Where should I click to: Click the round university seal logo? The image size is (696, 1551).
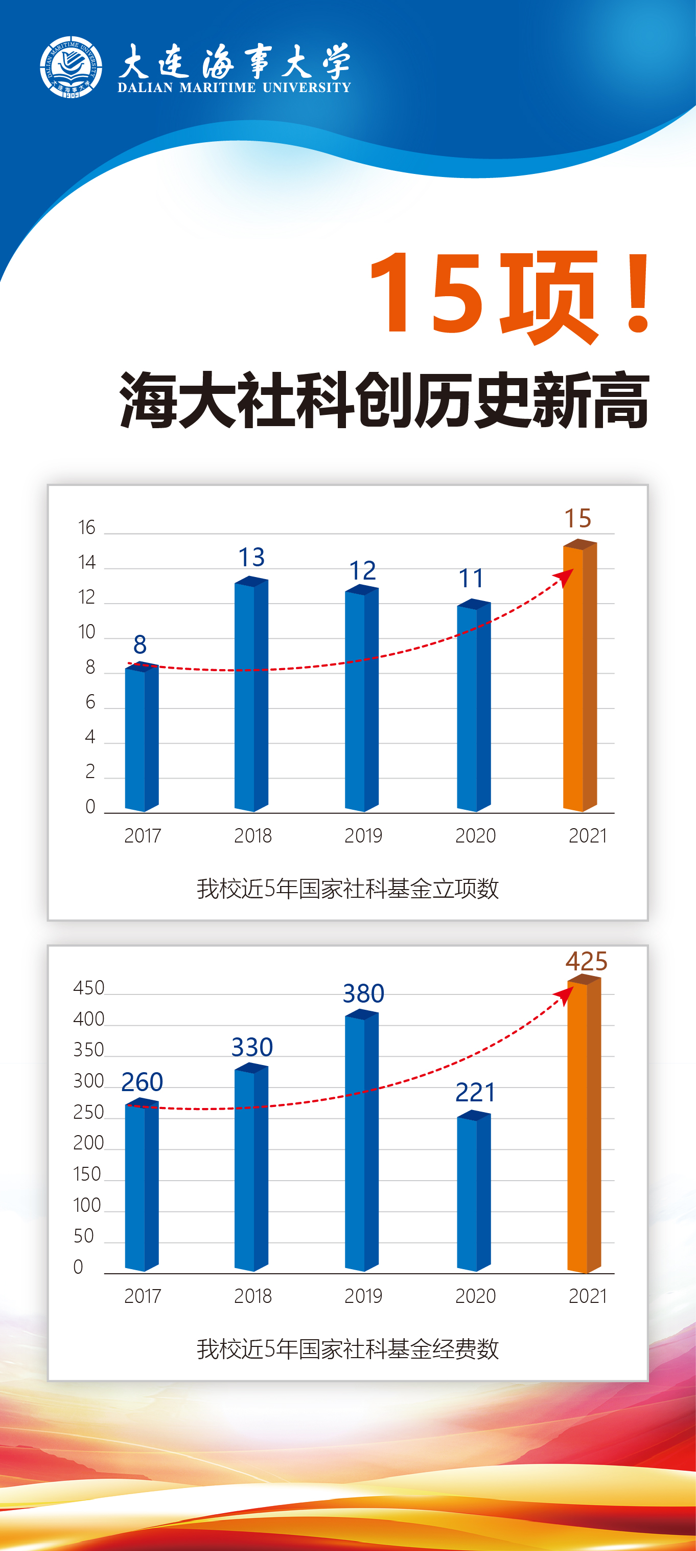pos(71,67)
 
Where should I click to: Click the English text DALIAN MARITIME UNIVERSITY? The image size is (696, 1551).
pos(234,88)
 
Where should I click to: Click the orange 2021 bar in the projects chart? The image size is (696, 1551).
pos(579,677)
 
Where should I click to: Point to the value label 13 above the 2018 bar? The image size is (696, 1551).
pos(251,558)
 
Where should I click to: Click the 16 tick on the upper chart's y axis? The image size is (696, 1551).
pos(87,528)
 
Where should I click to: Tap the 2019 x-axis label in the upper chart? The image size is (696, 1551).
pos(363,836)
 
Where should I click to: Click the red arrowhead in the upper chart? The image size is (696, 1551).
pos(564,578)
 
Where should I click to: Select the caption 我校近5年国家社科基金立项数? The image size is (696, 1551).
pos(347,889)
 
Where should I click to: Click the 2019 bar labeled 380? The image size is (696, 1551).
pos(361,1141)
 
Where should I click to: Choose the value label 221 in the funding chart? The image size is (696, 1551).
pos(475,1092)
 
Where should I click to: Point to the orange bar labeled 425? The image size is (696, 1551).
pos(584,1126)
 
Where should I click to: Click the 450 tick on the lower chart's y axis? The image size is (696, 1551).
pos(88,988)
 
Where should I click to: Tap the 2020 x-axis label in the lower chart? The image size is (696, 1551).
pos(475,1296)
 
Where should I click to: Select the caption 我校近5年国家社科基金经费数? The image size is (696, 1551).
pos(347,1349)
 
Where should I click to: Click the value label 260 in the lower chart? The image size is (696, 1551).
pos(142,1082)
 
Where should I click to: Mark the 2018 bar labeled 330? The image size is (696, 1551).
pos(251,1168)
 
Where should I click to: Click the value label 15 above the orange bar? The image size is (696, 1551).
pos(577,518)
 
